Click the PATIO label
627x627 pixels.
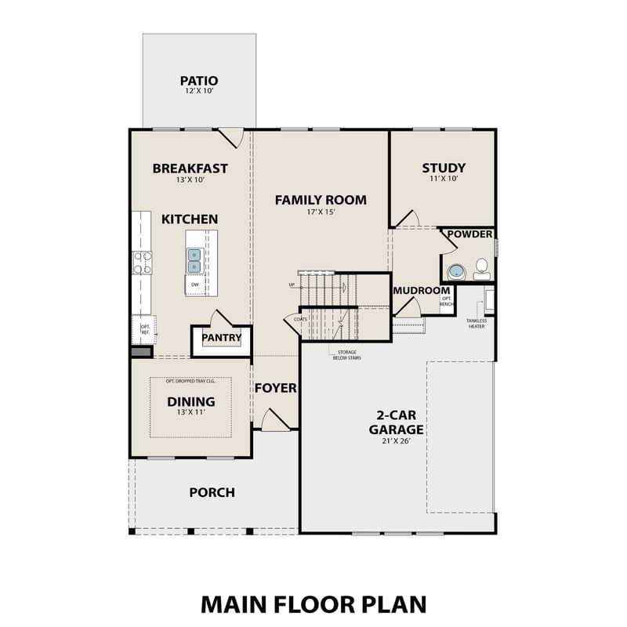point(198,81)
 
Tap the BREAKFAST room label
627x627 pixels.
point(190,168)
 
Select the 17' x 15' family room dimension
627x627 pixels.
point(320,212)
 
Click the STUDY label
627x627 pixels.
point(444,168)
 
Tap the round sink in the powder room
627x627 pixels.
point(456,272)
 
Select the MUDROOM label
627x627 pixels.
point(421,291)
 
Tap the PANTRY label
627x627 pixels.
point(220,339)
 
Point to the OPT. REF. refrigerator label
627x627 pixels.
point(145,329)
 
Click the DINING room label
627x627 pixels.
point(190,402)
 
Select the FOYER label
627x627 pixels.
point(275,388)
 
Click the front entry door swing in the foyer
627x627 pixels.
point(274,420)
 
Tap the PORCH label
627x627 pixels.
point(212,492)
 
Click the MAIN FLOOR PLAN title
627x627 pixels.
point(313,603)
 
